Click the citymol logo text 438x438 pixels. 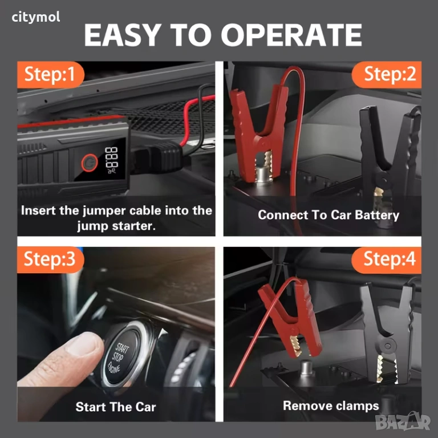(x=36, y=17)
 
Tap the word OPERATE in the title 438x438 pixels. (x=291, y=35)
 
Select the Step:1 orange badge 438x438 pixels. (x=50, y=75)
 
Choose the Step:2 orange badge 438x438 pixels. (x=387, y=75)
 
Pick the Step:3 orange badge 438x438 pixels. (x=50, y=259)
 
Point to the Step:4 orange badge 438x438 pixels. (x=387, y=259)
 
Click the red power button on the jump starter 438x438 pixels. (x=90, y=163)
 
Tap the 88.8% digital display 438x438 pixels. (x=112, y=160)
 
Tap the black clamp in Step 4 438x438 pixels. (x=390, y=332)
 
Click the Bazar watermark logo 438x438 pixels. (x=403, y=421)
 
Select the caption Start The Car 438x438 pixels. (x=116, y=407)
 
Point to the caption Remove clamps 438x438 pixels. (x=331, y=405)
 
